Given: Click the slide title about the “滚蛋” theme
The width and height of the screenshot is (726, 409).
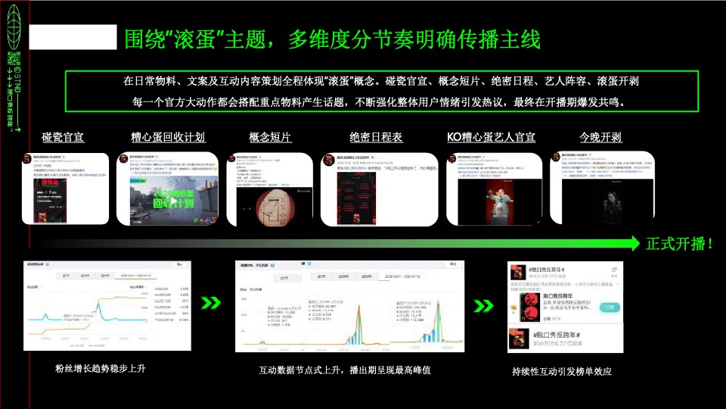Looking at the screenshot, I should (332, 39).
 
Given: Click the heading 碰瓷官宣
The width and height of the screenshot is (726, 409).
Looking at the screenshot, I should (63, 137).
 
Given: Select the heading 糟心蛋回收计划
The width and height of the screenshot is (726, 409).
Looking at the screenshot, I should (168, 137).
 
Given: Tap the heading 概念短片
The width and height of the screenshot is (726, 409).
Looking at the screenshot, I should (270, 137).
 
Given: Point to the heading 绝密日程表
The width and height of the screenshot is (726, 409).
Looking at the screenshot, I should (376, 137).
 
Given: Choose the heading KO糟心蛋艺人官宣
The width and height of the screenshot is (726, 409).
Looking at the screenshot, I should (491, 137).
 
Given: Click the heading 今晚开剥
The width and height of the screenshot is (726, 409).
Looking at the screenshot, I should (600, 137).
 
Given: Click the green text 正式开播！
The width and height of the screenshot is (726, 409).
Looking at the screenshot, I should (679, 243).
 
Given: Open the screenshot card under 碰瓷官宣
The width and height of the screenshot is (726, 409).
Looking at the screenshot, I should (63, 189).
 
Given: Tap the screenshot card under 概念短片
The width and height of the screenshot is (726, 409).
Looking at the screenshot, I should (269, 189).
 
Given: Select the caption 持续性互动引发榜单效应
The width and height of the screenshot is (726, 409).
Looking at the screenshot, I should (561, 371).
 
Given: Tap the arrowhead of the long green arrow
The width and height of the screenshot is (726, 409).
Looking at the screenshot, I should (634, 243).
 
